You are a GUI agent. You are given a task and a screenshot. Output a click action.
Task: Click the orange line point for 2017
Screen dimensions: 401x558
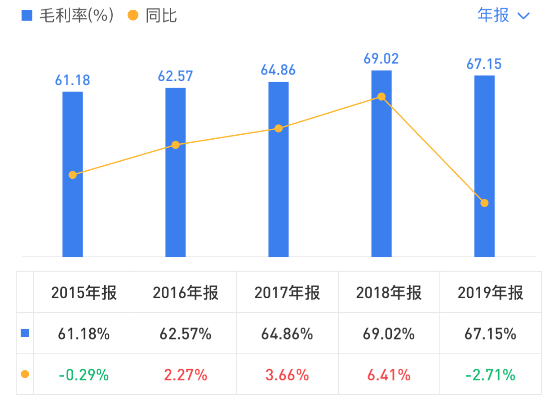(279, 128)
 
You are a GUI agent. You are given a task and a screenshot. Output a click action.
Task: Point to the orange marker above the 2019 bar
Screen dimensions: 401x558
(484, 203)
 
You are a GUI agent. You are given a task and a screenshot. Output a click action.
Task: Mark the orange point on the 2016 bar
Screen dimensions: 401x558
(176, 145)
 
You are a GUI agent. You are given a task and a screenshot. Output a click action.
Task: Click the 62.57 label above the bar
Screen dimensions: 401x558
(175, 76)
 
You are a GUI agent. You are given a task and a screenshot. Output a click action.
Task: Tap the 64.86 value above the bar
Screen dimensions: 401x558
(278, 70)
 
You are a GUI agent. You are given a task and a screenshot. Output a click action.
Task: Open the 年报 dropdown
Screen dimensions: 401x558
(504, 16)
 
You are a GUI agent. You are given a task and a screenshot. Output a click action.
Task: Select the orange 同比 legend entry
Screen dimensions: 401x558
(153, 16)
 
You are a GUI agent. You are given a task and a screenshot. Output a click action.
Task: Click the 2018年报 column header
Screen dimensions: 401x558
(389, 293)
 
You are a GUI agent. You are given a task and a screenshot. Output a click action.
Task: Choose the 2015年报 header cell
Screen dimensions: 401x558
(84, 293)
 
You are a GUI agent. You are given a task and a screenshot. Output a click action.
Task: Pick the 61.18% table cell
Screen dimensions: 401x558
(84, 334)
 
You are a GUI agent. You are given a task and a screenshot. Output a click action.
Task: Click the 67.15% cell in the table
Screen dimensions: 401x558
(491, 334)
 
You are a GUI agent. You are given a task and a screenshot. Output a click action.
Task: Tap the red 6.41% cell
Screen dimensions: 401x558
(389, 375)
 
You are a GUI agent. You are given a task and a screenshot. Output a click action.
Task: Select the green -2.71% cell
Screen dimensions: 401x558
(491, 375)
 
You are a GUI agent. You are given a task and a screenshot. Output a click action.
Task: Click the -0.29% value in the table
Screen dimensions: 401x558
(84, 375)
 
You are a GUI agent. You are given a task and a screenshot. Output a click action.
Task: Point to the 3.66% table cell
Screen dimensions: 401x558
(287, 375)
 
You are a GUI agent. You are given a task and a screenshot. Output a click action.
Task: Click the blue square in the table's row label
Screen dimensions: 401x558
(25, 334)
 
